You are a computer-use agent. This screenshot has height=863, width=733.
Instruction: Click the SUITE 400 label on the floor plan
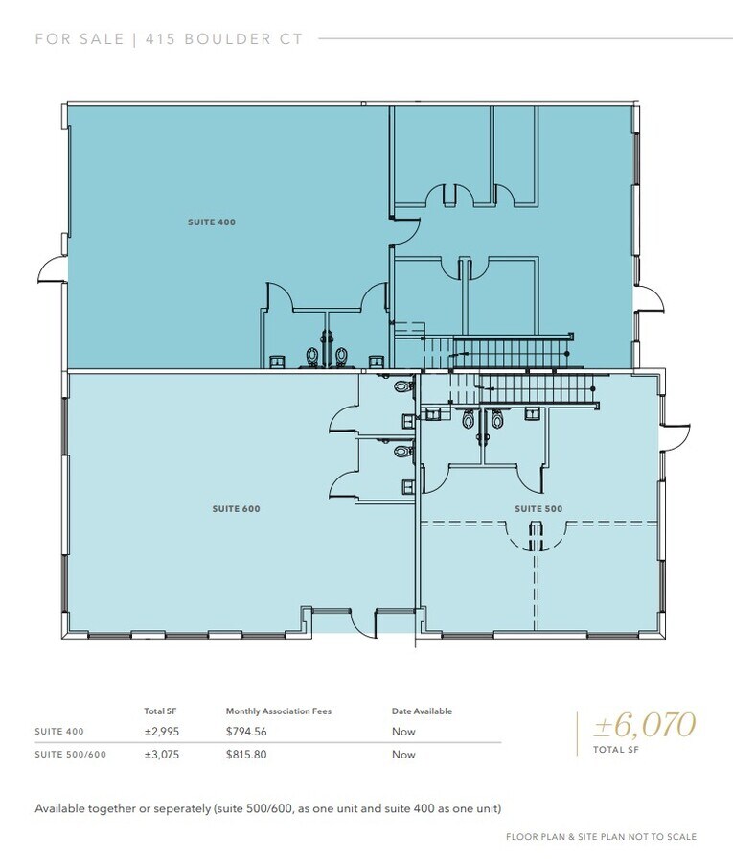[212, 222]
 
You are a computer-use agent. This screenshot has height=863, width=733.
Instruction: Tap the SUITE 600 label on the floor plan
[236, 509]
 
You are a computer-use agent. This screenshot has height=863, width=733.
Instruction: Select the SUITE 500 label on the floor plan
[538, 508]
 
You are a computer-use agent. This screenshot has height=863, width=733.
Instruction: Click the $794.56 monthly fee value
[247, 732]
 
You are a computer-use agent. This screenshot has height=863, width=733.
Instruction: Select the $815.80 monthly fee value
[247, 755]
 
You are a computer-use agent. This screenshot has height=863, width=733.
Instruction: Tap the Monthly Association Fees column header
[278, 711]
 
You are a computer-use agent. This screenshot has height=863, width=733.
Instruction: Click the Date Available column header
[422, 711]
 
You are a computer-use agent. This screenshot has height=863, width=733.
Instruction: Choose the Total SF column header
[160, 711]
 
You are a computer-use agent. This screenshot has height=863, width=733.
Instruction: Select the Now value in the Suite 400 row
[403, 732]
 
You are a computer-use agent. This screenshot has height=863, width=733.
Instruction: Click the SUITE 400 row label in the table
[59, 732]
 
